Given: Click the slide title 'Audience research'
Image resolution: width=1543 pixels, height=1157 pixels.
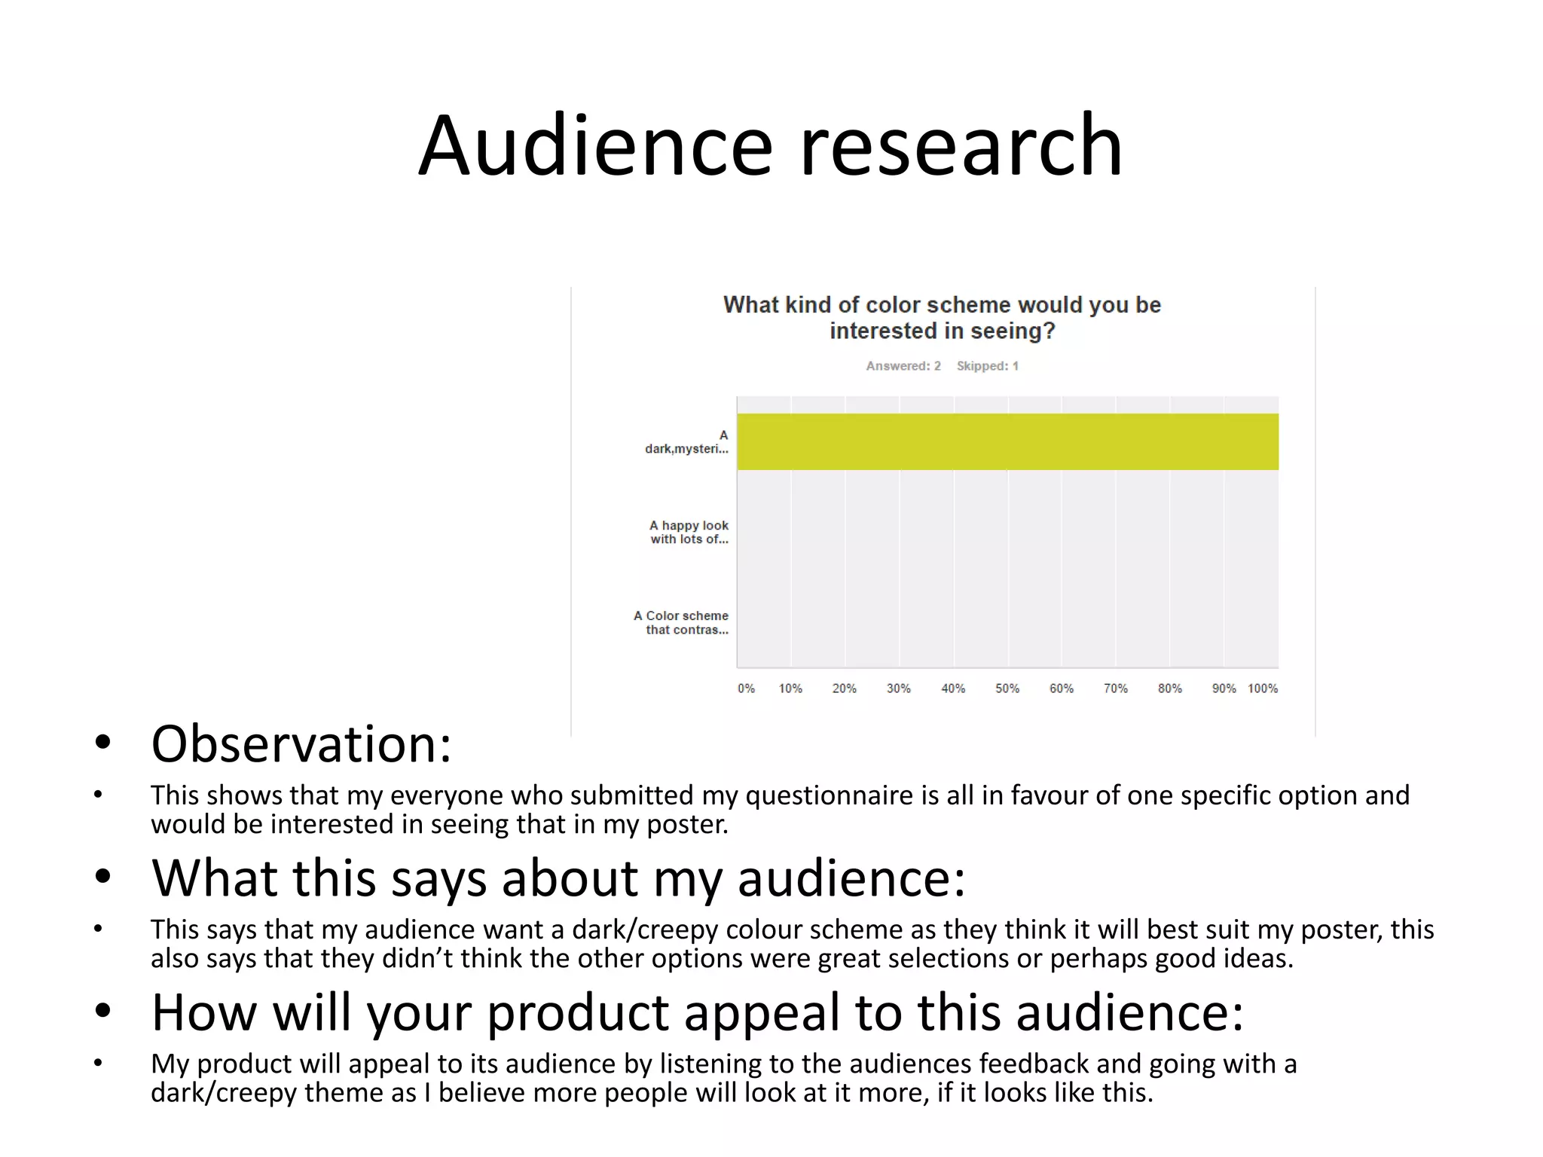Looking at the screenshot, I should click(x=770, y=145).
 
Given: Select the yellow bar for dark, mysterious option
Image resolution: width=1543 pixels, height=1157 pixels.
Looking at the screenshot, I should click(x=1007, y=441).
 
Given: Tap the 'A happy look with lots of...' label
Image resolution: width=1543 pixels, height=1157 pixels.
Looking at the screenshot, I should click(x=689, y=532).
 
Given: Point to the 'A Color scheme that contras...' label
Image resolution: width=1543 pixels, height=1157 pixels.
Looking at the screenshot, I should click(x=681, y=622).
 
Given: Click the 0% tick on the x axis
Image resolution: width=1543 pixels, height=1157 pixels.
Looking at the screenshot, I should click(x=746, y=688).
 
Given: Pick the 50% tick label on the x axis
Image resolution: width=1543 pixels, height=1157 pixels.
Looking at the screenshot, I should click(x=1007, y=688).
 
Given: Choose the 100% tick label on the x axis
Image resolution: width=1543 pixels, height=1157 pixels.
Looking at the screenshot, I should click(x=1263, y=688).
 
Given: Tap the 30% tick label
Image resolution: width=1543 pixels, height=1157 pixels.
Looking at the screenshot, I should click(x=898, y=688).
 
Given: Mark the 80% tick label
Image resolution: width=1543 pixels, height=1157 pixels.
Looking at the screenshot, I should click(x=1170, y=688).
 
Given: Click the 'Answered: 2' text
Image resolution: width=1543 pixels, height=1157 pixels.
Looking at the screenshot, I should click(x=903, y=366).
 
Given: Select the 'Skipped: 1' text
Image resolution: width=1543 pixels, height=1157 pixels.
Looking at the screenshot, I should click(x=987, y=366).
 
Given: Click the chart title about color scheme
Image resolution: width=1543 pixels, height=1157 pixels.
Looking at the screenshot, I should click(x=942, y=317).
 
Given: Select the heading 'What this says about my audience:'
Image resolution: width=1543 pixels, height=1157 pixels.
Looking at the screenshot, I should click(x=558, y=878).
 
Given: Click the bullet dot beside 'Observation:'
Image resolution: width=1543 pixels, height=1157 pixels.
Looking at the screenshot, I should click(x=103, y=743).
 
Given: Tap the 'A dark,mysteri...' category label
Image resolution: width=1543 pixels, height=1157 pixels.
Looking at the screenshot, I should click(x=686, y=442).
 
